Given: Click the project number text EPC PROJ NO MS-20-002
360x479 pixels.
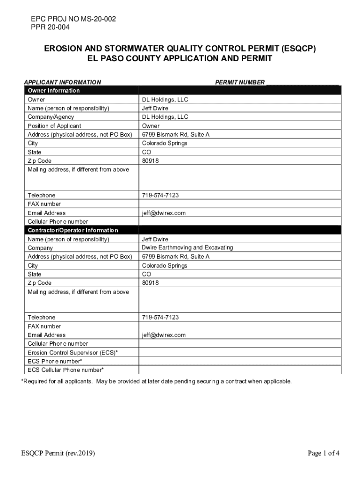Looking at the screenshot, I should (x=73, y=19).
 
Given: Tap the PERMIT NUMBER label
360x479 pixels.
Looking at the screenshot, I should (x=240, y=82).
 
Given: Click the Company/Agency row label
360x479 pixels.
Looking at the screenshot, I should (x=50, y=117).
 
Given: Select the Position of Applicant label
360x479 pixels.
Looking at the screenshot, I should (x=54, y=126).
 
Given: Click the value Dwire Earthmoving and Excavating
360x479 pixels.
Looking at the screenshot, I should (x=187, y=247).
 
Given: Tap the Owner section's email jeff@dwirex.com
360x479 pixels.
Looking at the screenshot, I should (x=164, y=213).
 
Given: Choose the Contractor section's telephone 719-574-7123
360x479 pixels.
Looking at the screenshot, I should (x=160, y=318).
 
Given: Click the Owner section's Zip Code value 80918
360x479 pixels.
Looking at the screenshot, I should (x=151, y=160).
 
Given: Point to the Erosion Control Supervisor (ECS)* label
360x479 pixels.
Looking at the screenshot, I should (x=72, y=352).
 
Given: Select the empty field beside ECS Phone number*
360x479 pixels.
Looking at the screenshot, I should (x=239, y=361).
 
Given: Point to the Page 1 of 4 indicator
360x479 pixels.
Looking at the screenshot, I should (x=323, y=453).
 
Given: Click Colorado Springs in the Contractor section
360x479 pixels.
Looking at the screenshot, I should (x=165, y=265).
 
